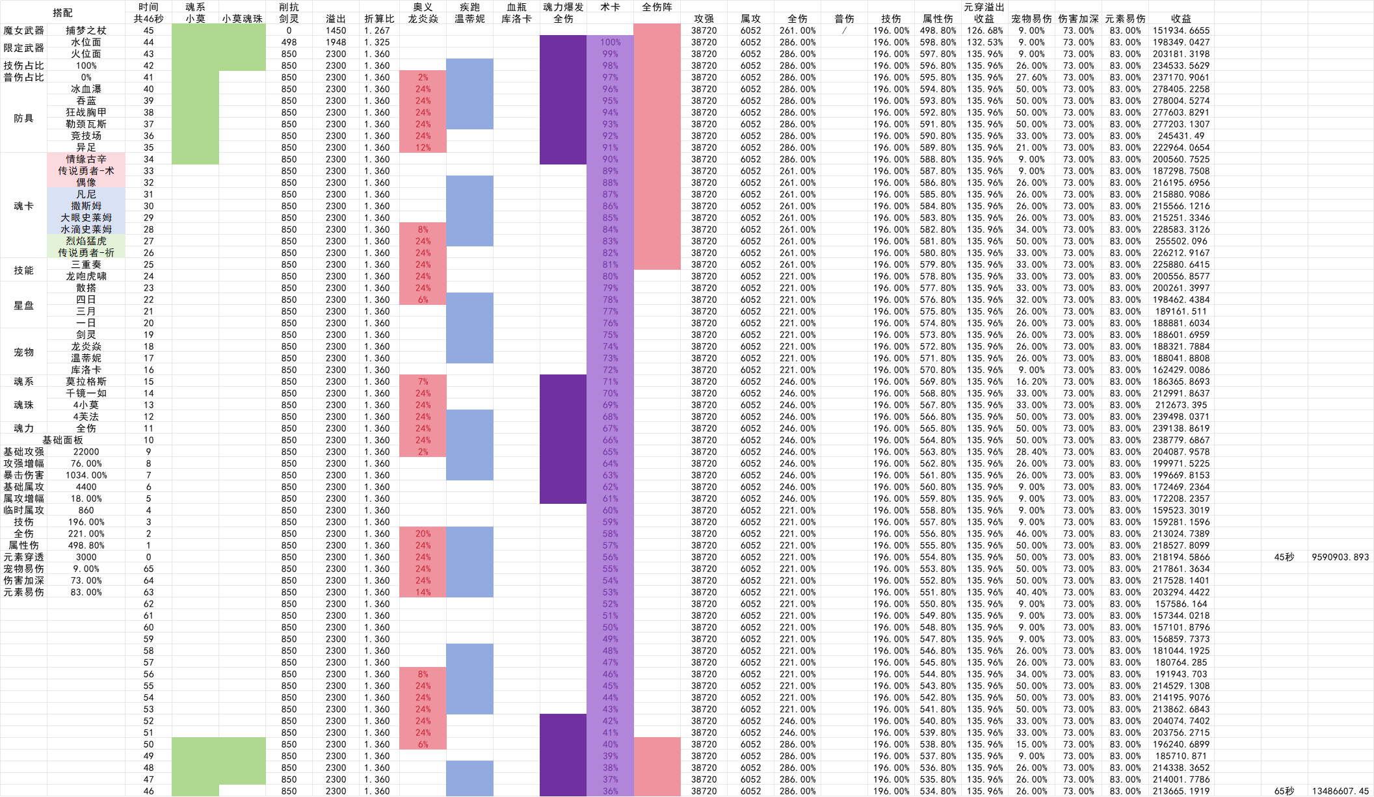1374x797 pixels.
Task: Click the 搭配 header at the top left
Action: (x=62, y=12)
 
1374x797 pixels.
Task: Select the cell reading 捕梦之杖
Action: (x=86, y=30)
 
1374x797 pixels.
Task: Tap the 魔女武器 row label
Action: (x=23, y=30)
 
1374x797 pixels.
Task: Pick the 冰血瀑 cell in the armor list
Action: (x=86, y=89)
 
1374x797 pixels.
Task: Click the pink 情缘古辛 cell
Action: (x=86, y=159)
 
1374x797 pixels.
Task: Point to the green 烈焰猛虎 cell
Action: (x=86, y=241)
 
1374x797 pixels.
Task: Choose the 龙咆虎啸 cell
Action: (x=86, y=276)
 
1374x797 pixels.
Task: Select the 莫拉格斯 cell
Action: (x=86, y=382)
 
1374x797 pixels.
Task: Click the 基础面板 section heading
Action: (x=62, y=440)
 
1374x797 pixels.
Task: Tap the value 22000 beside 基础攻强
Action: (x=86, y=452)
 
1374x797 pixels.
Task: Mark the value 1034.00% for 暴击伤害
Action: (x=86, y=475)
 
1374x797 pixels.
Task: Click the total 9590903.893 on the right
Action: (x=1340, y=557)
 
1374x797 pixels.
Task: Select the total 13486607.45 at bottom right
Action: (x=1340, y=791)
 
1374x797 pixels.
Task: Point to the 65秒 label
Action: (x=1284, y=791)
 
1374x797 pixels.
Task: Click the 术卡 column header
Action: (x=610, y=7)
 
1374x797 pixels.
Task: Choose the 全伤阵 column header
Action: (x=657, y=7)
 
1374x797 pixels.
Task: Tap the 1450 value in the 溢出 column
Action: (x=336, y=31)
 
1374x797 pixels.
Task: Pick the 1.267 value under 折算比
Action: (x=377, y=31)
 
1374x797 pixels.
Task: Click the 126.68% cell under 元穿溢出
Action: (x=984, y=31)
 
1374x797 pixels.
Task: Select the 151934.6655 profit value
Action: (x=1181, y=31)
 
